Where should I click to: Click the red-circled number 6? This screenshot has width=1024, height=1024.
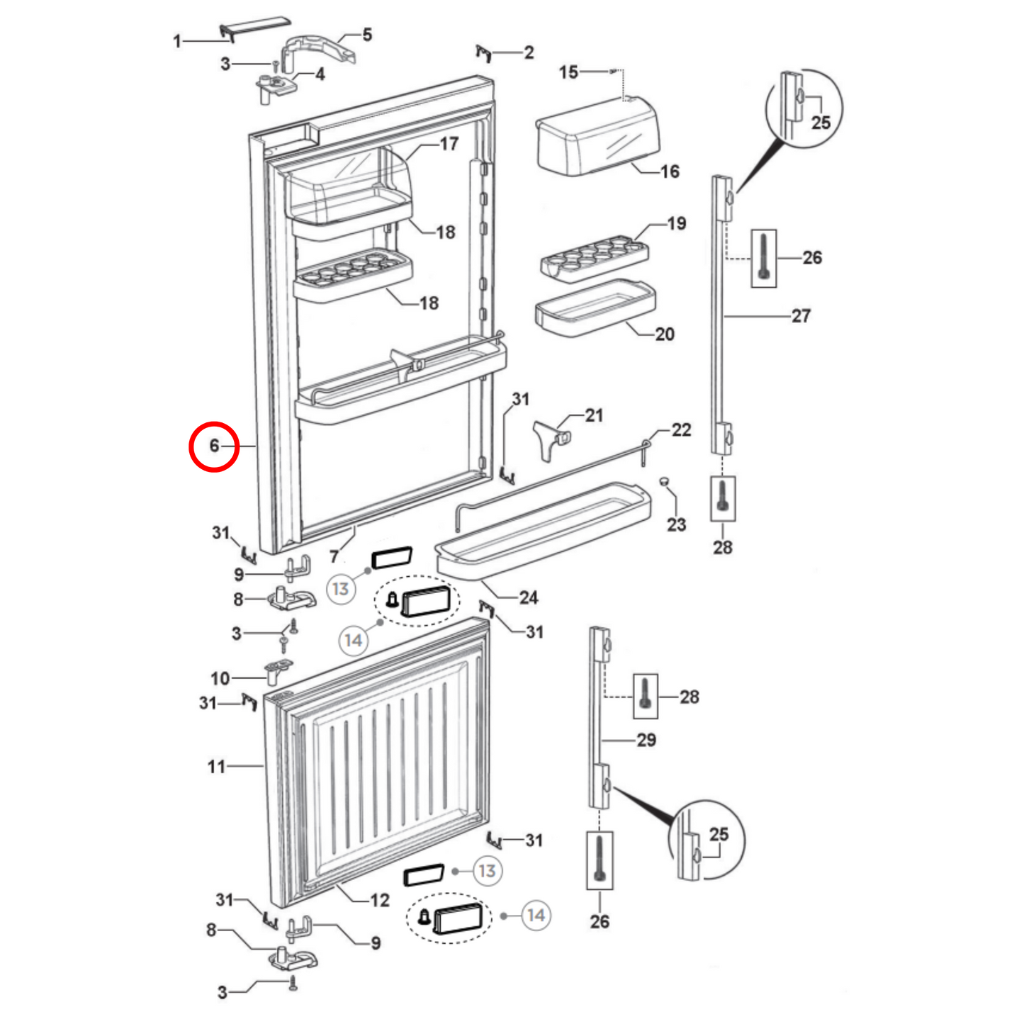pyautogui.click(x=213, y=446)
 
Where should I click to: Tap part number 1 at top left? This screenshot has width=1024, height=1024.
pyautogui.click(x=177, y=42)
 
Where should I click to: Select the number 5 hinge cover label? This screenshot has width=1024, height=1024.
pyautogui.click(x=366, y=35)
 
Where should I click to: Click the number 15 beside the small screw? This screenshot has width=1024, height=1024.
pyautogui.click(x=568, y=72)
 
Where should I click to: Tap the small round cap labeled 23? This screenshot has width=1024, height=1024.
pyautogui.click(x=664, y=482)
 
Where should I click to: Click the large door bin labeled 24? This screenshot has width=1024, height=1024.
pyautogui.click(x=542, y=528)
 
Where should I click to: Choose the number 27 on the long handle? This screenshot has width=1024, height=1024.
pyautogui.click(x=801, y=316)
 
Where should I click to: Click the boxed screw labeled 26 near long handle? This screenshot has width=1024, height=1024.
pyautogui.click(x=763, y=259)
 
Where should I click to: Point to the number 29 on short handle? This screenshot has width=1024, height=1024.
pyautogui.click(x=646, y=741)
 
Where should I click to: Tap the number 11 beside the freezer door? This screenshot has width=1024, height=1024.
pyautogui.click(x=216, y=767)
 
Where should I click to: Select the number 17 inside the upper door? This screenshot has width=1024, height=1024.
pyautogui.click(x=449, y=144)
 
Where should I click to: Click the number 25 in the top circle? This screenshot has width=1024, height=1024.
pyautogui.click(x=821, y=123)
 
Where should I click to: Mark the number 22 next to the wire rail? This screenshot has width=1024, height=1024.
pyautogui.click(x=681, y=430)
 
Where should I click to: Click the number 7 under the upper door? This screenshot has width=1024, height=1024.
pyautogui.click(x=334, y=556)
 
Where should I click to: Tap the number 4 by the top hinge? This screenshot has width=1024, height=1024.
pyautogui.click(x=320, y=74)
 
